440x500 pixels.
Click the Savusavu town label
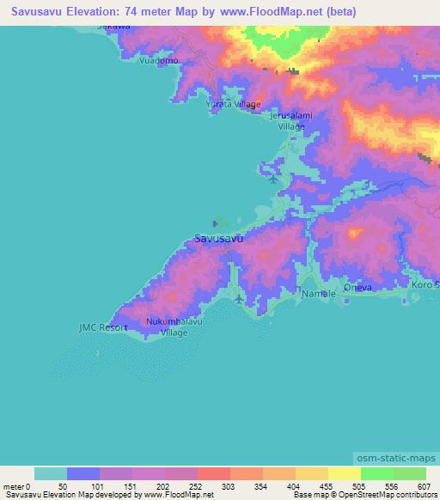(218, 239)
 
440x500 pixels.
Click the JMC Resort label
(102, 327)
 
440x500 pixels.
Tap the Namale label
(318, 294)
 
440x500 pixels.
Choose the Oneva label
(357, 288)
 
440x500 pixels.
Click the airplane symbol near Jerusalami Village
(273, 180)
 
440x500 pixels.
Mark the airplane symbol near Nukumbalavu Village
(238, 300)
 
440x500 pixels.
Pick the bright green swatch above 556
(377, 473)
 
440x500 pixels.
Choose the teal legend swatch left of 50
(50, 473)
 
